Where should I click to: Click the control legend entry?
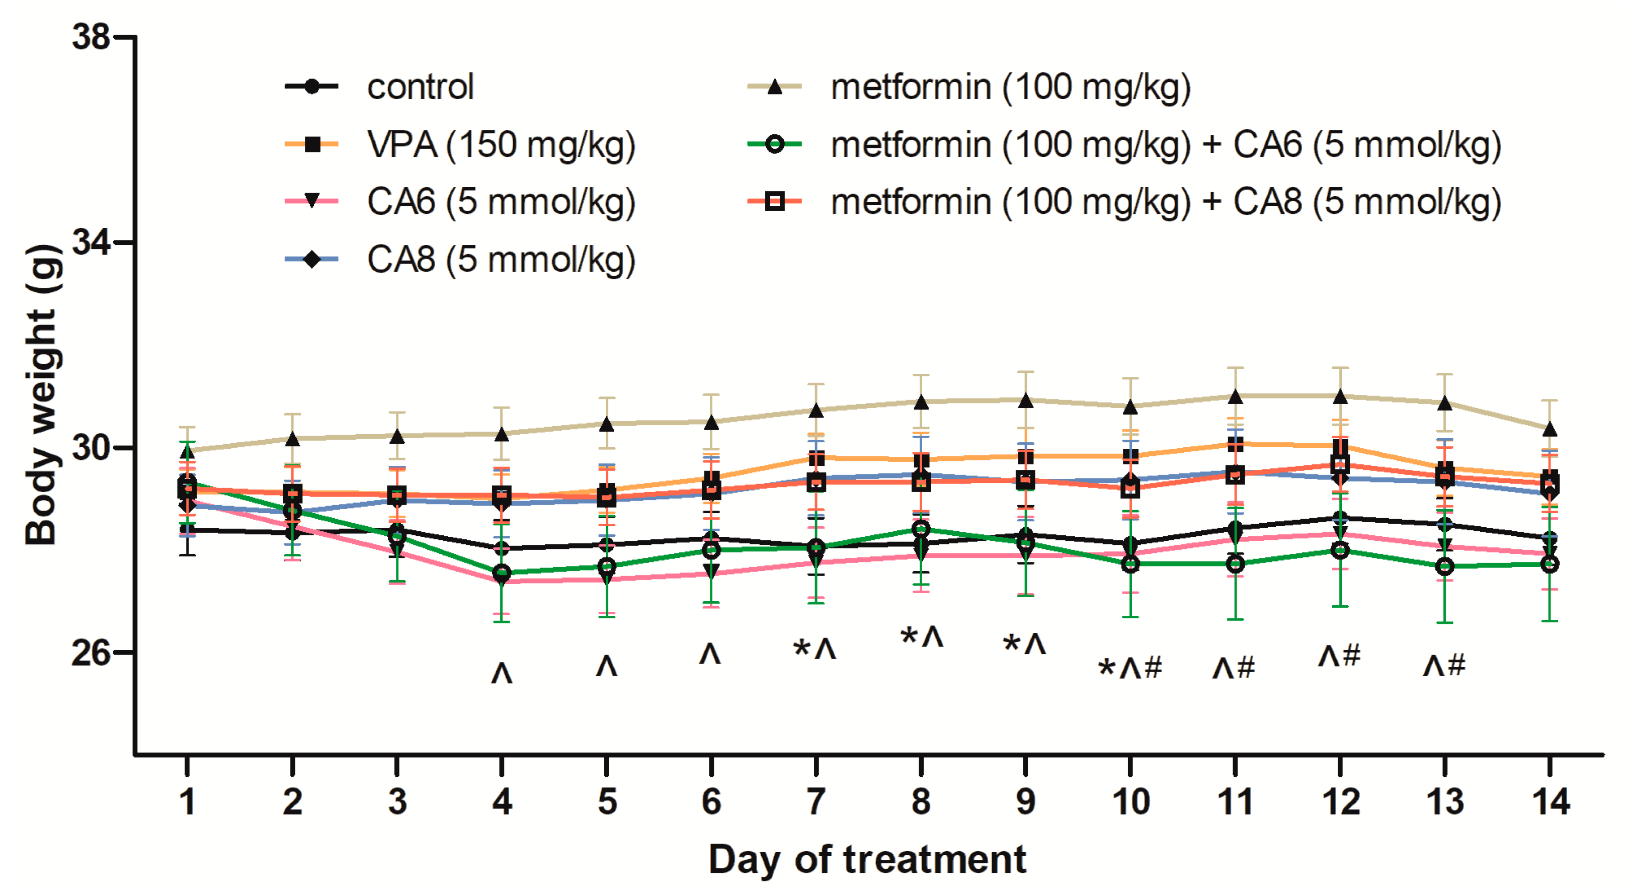[420, 87]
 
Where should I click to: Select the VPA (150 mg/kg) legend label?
[501, 145]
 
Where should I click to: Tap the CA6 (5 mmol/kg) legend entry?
[501, 202]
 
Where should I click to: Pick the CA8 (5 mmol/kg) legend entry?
[501, 260]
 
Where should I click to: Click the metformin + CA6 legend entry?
[1165, 145]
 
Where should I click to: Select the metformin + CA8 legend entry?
[1165, 202]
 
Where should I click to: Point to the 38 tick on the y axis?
[91, 37]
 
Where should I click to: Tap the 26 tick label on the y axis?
[91, 653]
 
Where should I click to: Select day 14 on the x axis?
[1551, 802]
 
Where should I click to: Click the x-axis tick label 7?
[817, 802]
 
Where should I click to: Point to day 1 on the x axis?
[187, 802]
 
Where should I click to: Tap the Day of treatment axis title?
[867, 859]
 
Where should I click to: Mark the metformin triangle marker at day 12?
[1340, 397]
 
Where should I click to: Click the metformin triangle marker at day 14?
[1550, 430]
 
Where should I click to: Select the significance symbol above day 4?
[502, 674]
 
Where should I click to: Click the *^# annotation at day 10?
[1130, 668]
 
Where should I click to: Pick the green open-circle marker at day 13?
[1444, 566]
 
